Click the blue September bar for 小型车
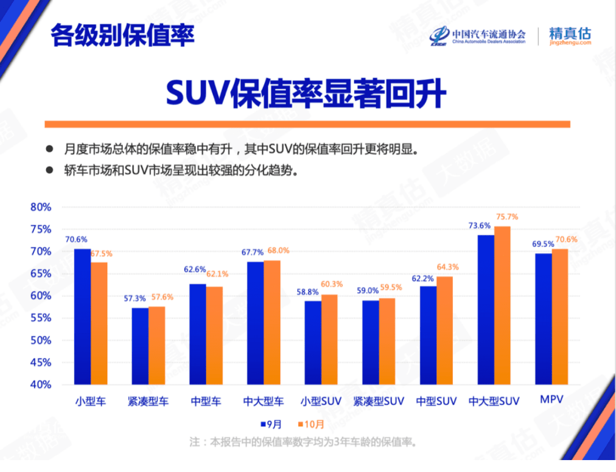click(82, 317)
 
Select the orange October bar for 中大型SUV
click(502, 305)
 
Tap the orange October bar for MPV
click(560, 317)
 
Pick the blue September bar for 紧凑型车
click(140, 346)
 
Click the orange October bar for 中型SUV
click(445, 331)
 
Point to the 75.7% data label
click(507, 217)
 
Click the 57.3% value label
click(135, 299)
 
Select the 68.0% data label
click(278, 251)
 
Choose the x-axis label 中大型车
click(263, 401)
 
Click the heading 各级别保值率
click(123, 35)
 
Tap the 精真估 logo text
click(569, 34)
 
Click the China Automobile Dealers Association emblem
click(439, 35)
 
